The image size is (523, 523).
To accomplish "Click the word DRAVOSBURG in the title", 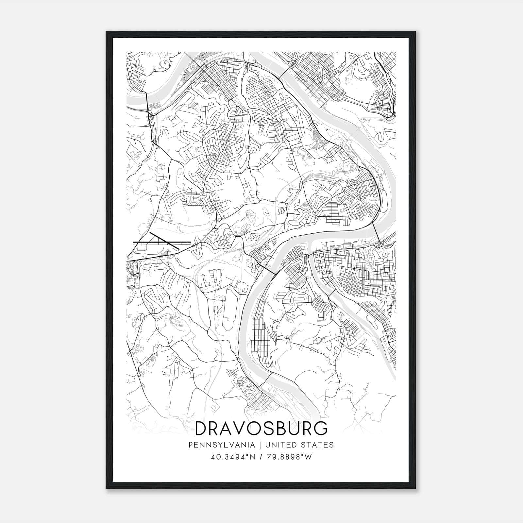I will tap(261, 429).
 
